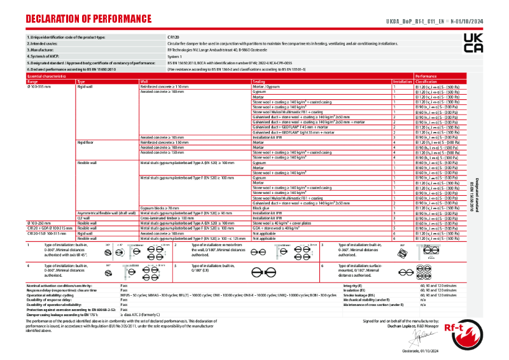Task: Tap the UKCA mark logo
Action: (473, 44)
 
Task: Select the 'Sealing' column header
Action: (259, 82)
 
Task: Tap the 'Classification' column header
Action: (426, 82)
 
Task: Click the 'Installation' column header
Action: (402, 82)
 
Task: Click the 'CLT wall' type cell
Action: (83, 218)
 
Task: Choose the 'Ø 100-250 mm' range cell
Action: (39, 223)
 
